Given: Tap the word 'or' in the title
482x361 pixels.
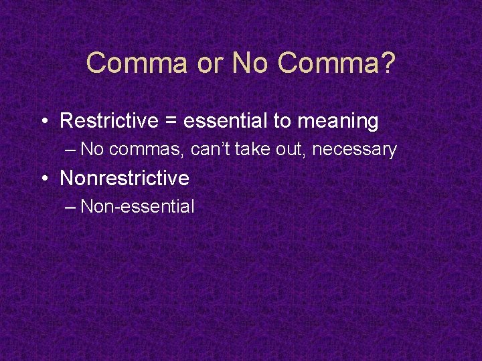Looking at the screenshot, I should (x=208, y=64).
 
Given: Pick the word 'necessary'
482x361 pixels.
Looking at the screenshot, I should (x=354, y=150).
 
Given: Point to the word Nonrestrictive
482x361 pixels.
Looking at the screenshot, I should (x=125, y=178).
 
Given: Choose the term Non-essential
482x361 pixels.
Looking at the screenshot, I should (x=137, y=206).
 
